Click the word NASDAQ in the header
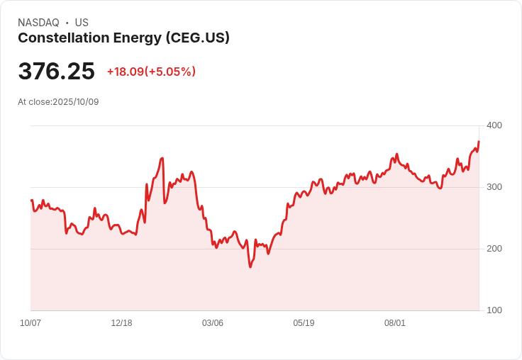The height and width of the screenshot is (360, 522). (38, 23)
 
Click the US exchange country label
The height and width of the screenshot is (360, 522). (82, 23)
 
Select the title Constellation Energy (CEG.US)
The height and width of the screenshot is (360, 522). (123, 38)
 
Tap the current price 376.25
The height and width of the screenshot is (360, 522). (56, 72)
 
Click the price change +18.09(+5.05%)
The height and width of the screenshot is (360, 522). (151, 72)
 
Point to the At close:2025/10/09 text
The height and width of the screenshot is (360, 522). (58, 102)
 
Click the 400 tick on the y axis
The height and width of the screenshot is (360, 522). (494, 125)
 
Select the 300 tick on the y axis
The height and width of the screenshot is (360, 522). (494, 187)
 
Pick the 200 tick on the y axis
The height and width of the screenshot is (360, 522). (494, 249)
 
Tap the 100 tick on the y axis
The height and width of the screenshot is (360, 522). (494, 310)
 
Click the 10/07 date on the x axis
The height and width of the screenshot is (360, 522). (30, 323)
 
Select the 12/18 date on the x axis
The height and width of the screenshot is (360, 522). (121, 323)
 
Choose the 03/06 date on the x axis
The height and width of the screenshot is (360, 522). (213, 323)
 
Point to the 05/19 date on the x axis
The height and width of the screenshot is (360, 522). (304, 323)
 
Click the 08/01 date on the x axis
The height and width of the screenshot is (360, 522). (395, 323)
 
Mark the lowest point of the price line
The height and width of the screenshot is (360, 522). (250, 267)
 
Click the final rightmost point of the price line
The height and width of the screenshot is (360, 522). (479, 141)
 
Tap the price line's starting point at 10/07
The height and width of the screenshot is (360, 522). (31, 201)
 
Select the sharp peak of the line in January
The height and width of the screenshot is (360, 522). (162, 158)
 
